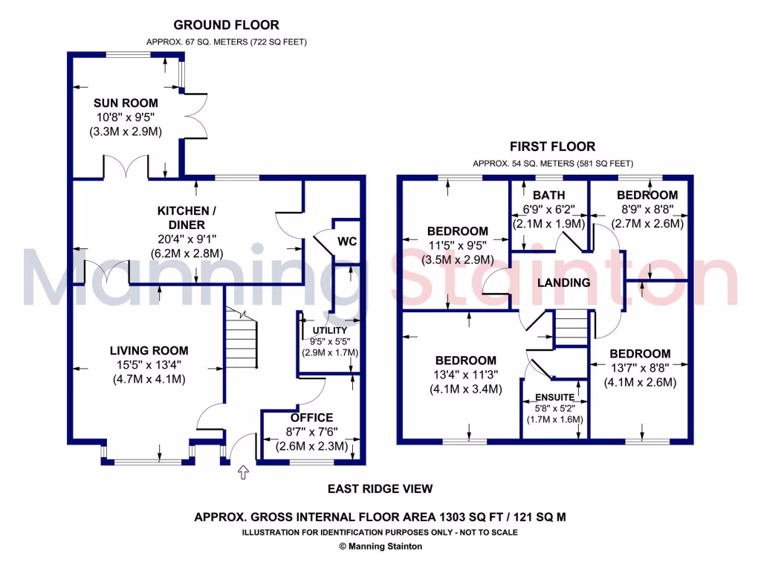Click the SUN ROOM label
[x=124, y=102]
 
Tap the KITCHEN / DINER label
[x=181, y=218]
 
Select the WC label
[x=347, y=242]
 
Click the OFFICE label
[x=311, y=418]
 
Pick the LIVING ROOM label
[x=149, y=351]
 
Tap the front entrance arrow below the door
[x=242, y=472]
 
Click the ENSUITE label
[x=554, y=398]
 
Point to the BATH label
[x=549, y=196]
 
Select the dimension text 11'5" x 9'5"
[x=457, y=245]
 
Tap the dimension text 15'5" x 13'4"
[x=149, y=365]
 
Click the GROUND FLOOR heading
[x=215, y=25]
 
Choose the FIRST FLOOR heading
[x=552, y=147]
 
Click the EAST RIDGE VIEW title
[x=380, y=488]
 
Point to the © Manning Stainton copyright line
[x=380, y=546]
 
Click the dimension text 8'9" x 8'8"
[x=647, y=209]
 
